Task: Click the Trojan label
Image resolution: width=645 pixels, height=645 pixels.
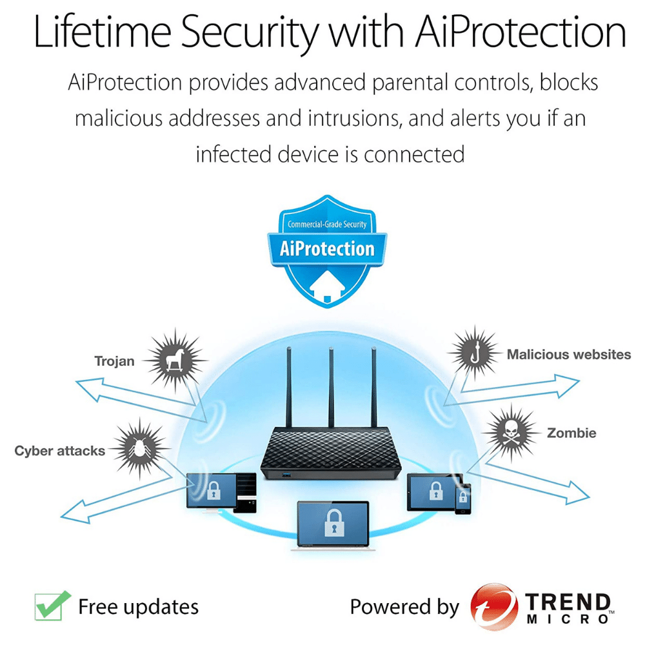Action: click(x=114, y=361)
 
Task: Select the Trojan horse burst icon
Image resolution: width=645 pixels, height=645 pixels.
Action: click(x=172, y=359)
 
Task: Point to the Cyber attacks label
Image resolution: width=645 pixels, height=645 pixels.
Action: click(x=60, y=451)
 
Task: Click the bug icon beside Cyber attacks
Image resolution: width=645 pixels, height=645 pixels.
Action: click(x=138, y=447)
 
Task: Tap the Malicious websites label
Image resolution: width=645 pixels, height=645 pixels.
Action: click(x=568, y=354)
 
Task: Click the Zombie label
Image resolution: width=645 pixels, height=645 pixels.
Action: click(x=571, y=433)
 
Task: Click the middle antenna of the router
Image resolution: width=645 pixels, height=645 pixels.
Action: click(x=331, y=387)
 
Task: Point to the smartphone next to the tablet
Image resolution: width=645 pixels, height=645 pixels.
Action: click(x=463, y=499)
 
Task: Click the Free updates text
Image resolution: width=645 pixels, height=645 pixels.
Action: click(x=138, y=607)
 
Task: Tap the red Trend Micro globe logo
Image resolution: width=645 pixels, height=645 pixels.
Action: click(x=493, y=607)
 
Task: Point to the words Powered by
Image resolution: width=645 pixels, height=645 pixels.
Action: click(x=404, y=607)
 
